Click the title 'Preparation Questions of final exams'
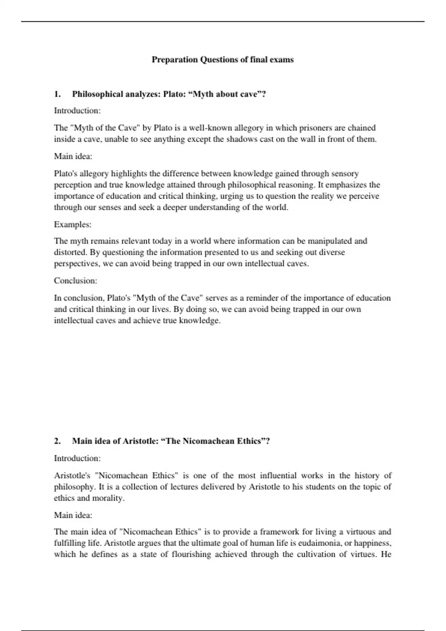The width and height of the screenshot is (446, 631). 223,60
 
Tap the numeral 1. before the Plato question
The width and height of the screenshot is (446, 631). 57,94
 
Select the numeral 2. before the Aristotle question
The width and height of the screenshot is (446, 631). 57,441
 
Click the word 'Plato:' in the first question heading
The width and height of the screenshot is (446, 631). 175,94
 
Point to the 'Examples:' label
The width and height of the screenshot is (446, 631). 73,225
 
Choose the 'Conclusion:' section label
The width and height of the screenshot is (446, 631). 75,281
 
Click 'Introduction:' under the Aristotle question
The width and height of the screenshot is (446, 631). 77,458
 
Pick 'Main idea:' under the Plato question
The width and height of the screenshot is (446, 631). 73,156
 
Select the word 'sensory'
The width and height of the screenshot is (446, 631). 345,174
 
